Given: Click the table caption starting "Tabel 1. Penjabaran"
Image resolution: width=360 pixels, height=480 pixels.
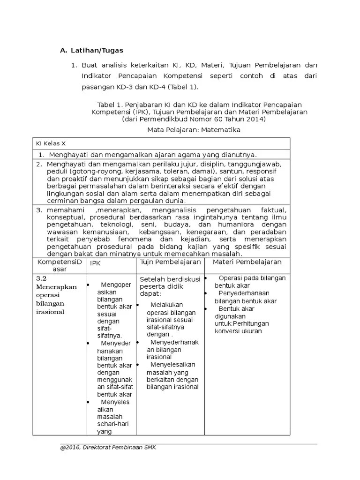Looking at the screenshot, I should click(199, 104).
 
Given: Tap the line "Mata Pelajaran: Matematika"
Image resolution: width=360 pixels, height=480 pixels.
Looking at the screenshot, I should click(193, 130).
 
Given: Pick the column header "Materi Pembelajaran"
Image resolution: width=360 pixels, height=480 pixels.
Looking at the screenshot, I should click(247, 262).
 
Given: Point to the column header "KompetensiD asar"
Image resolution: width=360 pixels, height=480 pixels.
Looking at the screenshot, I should click(59, 265).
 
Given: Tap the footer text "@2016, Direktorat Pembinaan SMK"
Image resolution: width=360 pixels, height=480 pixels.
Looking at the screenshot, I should click(108, 448).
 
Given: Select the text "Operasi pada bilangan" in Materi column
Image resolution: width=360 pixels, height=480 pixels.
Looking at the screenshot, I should click(252, 278).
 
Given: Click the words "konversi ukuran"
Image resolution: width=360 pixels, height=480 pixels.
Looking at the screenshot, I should click(238, 331).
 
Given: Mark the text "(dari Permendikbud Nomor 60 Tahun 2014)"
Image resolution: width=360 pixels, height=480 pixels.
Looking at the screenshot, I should click(193, 119).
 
